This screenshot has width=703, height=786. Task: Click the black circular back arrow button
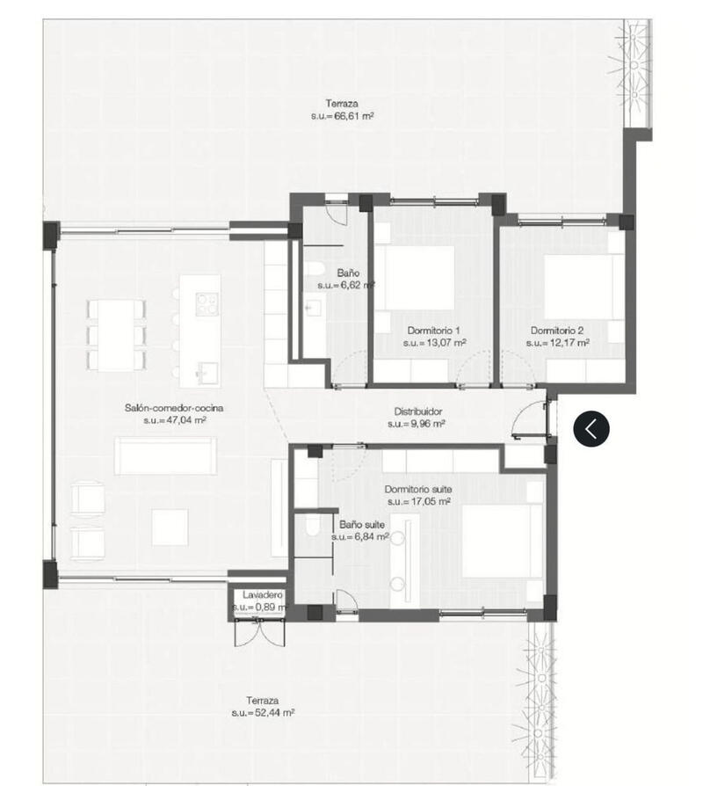click(591, 429)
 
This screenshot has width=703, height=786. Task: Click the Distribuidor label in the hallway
click(417, 411)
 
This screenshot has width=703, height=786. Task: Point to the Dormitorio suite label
click(417, 490)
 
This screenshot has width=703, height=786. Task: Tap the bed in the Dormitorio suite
click(497, 541)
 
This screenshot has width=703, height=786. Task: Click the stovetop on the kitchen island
click(207, 303)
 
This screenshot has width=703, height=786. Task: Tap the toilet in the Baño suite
click(311, 527)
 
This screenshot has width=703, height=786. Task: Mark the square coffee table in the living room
click(170, 528)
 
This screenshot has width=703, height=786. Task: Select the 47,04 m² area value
click(175, 421)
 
